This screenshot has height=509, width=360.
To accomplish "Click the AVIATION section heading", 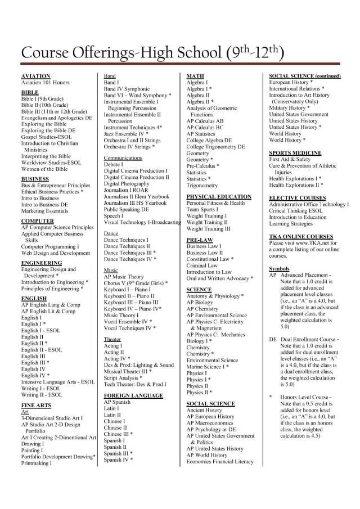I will pyautogui.click(x=35, y=76).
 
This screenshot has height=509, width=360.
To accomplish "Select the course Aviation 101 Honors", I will pyautogui.click(x=46, y=83).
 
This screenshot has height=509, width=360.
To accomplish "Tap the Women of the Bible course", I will pyautogui.click(x=44, y=169).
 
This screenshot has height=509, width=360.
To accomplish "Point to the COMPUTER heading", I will pyautogui.click(x=38, y=221).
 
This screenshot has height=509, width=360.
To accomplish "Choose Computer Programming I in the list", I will pyautogui.click(x=50, y=246).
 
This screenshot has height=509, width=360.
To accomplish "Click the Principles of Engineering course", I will pyautogui.click(x=52, y=289).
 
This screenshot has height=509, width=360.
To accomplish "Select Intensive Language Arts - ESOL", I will pyautogui.click(x=58, y=382).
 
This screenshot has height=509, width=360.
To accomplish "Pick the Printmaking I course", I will pyautogui.click(x=37, y=463).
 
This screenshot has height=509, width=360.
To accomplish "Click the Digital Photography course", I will pyautogui.click(x=127, y=183).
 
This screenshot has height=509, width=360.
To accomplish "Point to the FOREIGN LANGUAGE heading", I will pyautogui.click(x=133, y=395).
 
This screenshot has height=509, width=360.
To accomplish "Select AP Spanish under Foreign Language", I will pyautogui.click(x=117, y=402).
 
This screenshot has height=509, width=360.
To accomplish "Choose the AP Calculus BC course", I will pyautogui.click(x=205, y=128).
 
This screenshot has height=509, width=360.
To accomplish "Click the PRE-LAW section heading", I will pyautogui.click(x=199, y=240).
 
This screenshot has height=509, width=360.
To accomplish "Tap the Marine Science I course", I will pyautogui.click(x=208, y=367).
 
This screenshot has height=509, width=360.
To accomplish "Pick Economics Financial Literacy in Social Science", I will pyautogui.click(x=220, y=462).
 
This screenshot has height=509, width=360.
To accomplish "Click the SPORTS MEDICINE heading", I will pyautogui.click(x=295, y=153).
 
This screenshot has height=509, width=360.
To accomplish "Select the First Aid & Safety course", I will pyautogui.click(x=290, y=160).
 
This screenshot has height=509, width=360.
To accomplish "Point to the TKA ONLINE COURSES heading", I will pyautogui.click(x=301, y=236).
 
